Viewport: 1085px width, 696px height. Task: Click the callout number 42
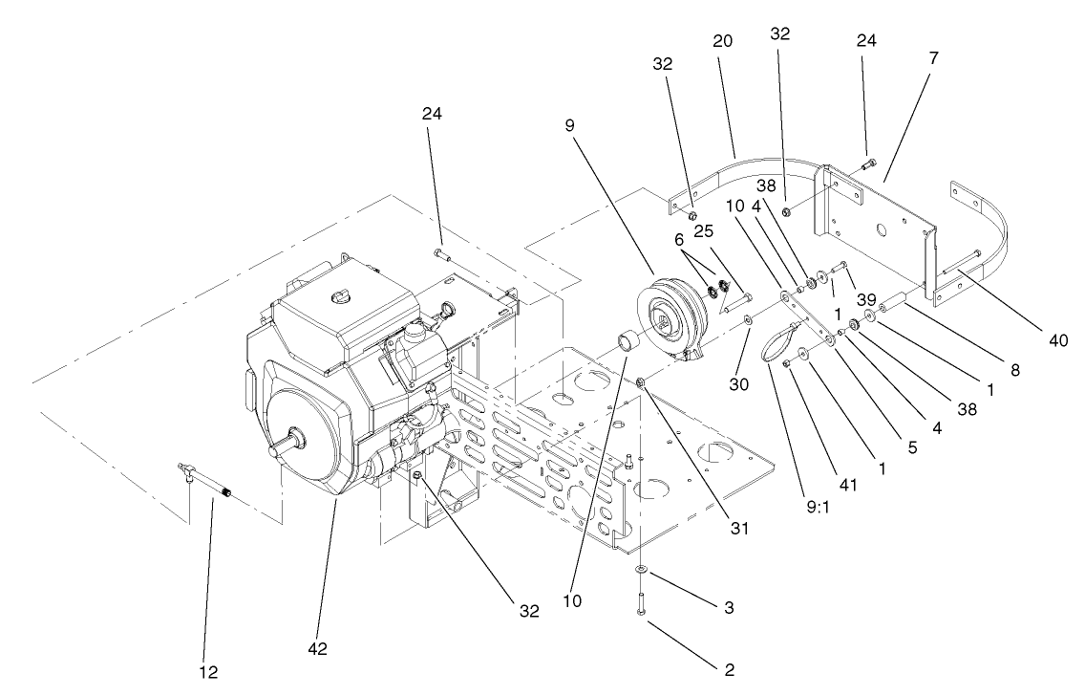click(318, 649)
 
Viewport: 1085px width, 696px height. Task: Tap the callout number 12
click(208, 672)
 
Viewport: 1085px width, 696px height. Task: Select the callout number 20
click(723, 42)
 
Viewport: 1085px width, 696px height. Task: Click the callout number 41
click(848, 484)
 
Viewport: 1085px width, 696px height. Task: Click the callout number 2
click(728, 669)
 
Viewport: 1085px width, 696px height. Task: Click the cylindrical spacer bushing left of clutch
click(628, 339)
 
